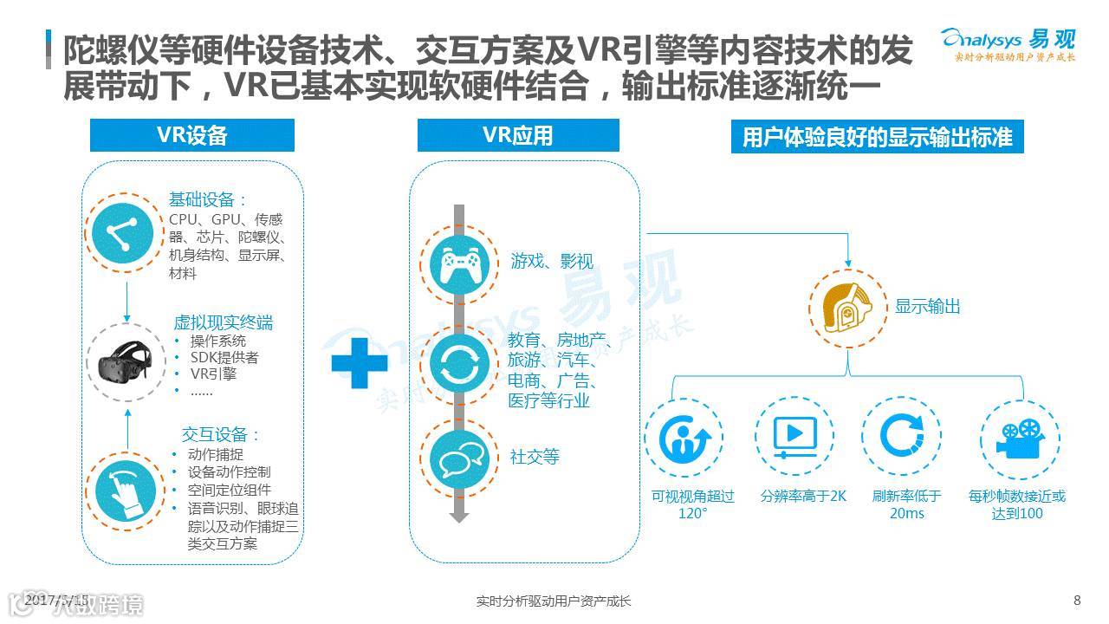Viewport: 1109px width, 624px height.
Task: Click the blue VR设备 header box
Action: (192, 135)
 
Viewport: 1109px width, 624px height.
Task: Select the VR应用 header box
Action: (518, 135)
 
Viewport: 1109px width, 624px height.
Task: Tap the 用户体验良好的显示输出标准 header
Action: (877, 137)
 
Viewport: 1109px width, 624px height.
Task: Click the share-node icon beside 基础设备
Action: (127, 232)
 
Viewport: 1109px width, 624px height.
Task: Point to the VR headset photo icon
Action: (126, 361)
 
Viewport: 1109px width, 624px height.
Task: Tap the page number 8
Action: (1077, 600)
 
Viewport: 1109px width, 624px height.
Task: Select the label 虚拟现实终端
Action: (224, 322)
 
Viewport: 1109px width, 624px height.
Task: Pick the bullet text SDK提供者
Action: (224, 357)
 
